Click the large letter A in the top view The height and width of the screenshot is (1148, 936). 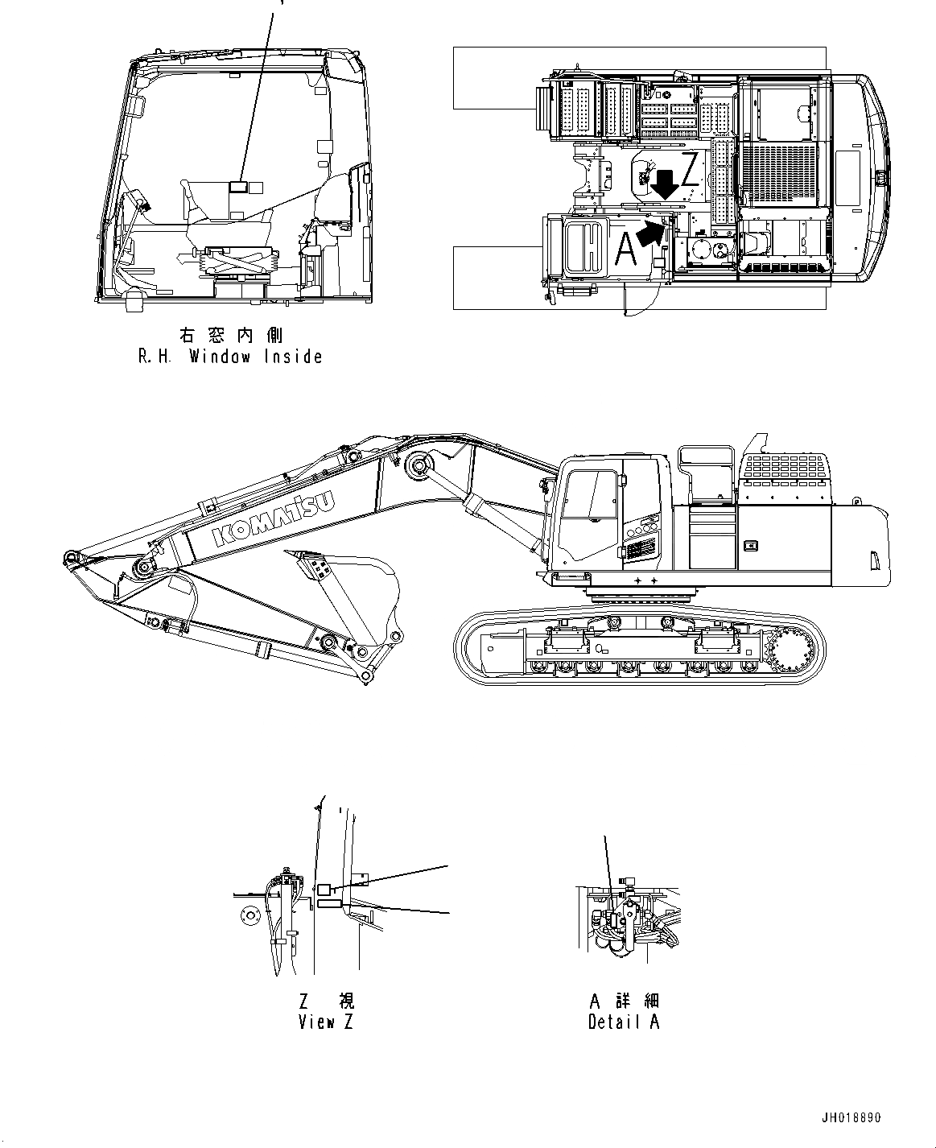coord(625,249)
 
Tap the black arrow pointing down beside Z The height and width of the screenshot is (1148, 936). coord(664,184)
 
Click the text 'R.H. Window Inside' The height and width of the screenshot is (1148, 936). coord(230,357)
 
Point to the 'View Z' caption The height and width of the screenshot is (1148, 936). coord(325,1022)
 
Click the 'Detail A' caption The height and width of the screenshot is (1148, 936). coord(624,1022)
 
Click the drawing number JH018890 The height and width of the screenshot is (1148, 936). coord(851,1118)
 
